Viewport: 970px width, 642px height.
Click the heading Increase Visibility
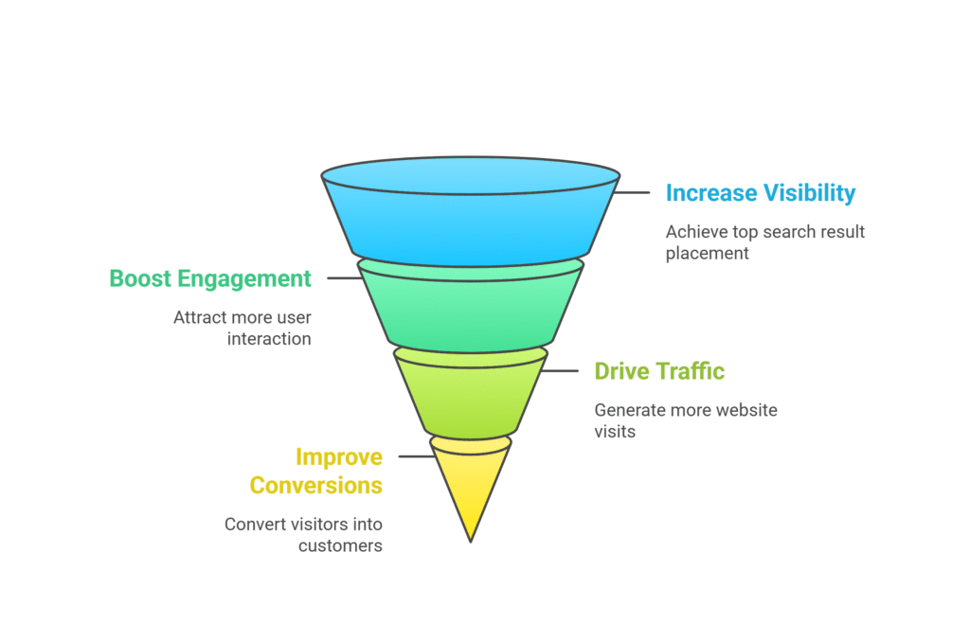coord(761,193)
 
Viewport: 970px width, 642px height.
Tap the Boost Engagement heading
coord(210,279)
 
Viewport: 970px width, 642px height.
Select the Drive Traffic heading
coord(659,371)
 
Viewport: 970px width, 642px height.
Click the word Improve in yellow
coord(339,457)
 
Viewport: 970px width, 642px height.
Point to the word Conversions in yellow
coord(316,486)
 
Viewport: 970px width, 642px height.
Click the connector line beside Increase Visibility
coord(632,192)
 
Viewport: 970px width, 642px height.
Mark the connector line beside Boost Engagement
coord(345,278)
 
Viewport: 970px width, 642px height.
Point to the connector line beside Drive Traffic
coord(560,371)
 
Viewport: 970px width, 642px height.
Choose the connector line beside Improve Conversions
coord(417,456)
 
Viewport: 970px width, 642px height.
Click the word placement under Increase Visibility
coord(707,254)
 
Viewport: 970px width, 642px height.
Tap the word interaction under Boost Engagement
coord(269,339)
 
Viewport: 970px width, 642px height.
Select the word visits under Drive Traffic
coord(615,432)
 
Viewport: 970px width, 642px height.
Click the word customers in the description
coord(340,546)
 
